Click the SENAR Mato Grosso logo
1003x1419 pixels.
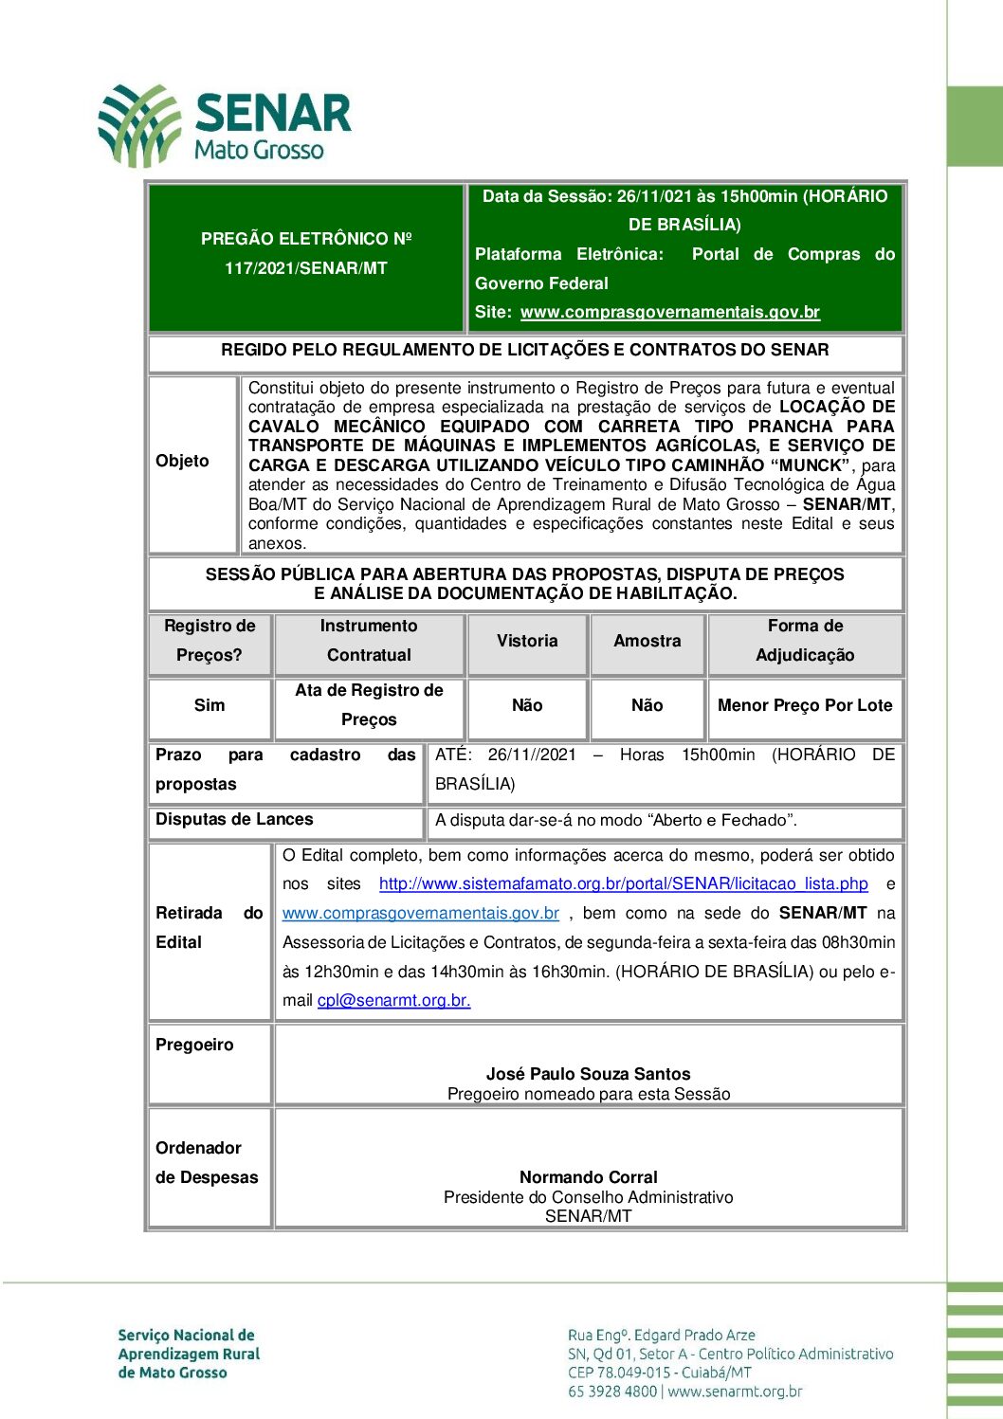click(225, 125)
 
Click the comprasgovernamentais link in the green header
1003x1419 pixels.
click(669, 312)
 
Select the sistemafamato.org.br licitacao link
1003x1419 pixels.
click(623, 883)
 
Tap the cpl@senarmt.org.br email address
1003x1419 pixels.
click(393, 1000)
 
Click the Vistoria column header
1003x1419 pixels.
click(527, 641)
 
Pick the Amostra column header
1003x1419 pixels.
click(647, 641)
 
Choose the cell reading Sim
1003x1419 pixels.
click(210, 705)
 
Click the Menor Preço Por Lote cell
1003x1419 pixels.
click(805, 705)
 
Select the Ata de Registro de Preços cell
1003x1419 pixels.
click(369, 704)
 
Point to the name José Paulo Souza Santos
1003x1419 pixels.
click(588, 1074)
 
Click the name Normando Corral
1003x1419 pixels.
click(588, 1177)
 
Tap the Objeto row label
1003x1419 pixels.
click(182, 461)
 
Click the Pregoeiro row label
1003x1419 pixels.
click(194, 1045)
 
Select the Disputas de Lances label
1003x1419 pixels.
click(234, 819)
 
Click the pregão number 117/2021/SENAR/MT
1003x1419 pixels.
click(305, 268)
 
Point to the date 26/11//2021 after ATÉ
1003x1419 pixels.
click(532, 755)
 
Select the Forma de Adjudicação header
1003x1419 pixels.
click(805, 641)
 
